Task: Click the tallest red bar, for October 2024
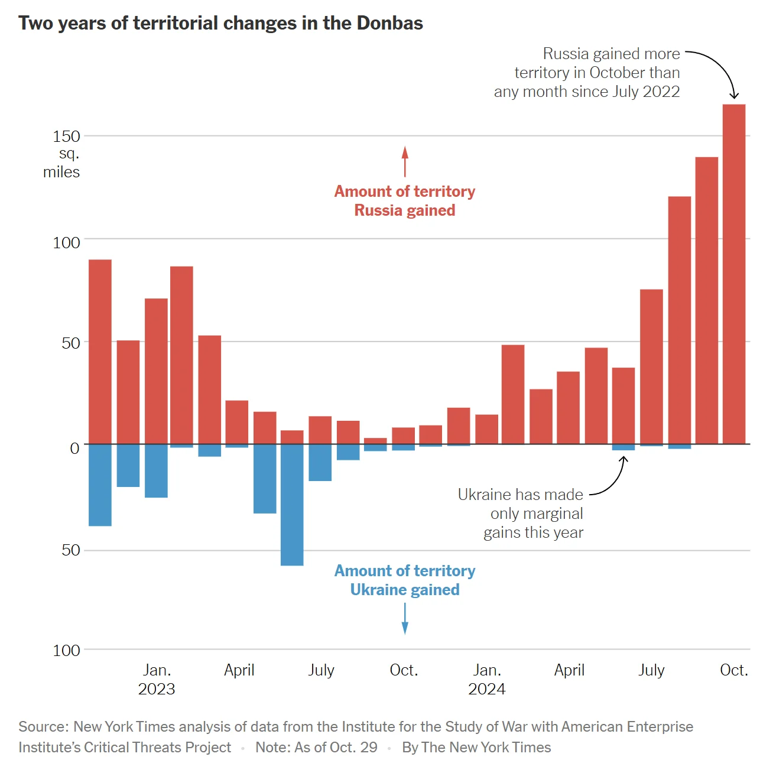[734, 274]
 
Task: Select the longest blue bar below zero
[292, 505]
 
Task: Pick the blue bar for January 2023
[156, 470]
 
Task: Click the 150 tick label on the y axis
[66, 137]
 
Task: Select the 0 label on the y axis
[74, 449]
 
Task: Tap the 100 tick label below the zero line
[66, 651]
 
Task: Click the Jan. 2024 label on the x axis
[487, 680]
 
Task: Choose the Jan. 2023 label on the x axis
[157, 680]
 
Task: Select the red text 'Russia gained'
[405, 210]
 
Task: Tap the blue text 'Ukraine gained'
[405, 590]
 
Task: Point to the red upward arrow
[405, 161]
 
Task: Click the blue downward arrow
[405, 619]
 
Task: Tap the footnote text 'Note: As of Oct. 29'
[316, 748]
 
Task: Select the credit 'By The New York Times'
[476, 748]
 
